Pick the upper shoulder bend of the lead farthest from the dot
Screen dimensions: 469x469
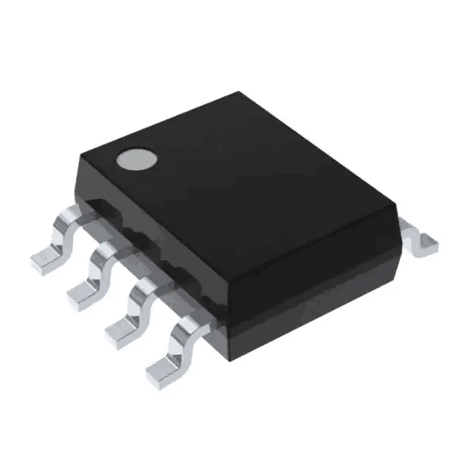(x=185, y=328)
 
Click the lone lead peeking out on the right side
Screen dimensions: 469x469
(x=419, y=239)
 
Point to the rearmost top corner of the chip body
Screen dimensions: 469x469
(x=238, y=93)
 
